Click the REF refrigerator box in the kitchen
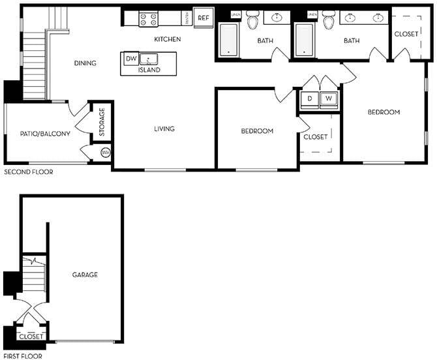click(x=203, y=18)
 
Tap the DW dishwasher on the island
click(x=130, y=59)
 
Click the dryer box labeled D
click(x=310, y=99)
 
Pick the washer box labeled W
click(x=329, y=99)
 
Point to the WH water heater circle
click(x=106, y=153)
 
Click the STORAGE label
click(x=102, y=122)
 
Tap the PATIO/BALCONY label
click(x=45, y=134)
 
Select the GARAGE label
click(x=85, y=275)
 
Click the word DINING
click(x=85, y=63)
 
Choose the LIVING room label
click(x=164, y=128)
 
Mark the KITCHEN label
click(x=167, y=39)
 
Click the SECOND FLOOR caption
click(x=29, y=172)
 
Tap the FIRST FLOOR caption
click(x=24, y=356)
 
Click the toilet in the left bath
click(x=253, y=22)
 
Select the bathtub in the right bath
click(x=306, y=40)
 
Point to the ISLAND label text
click(x=149, y=69)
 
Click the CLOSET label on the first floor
click(x=31, y=337)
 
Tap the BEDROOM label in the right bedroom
click(x=384, y=112)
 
